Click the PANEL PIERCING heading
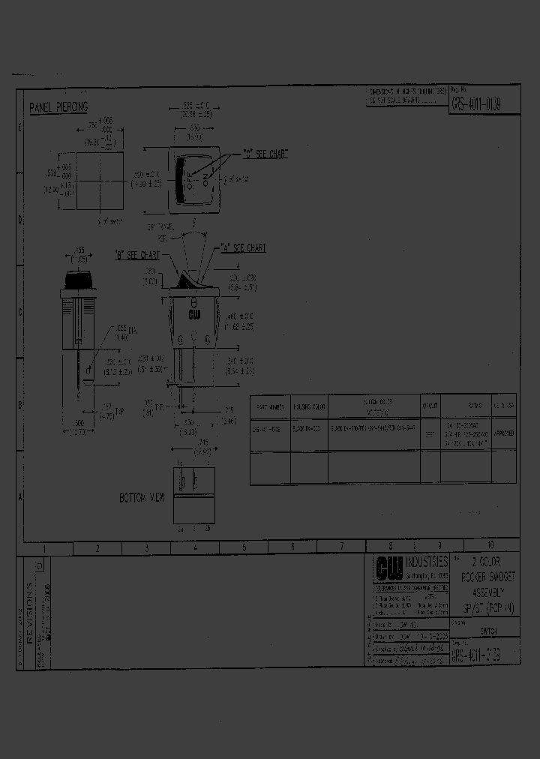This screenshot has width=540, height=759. pyautogui.click(x=58, y=108)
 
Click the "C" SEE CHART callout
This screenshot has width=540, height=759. pyautogui.click(x=264, y=154)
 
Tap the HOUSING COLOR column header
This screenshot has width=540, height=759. pyautogui.click(x=309, y=406)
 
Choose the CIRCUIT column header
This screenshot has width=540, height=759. pyautogui.click(x=430, y=406)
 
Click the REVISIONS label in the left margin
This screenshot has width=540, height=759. pyautogui.click(x=30, y=604)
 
